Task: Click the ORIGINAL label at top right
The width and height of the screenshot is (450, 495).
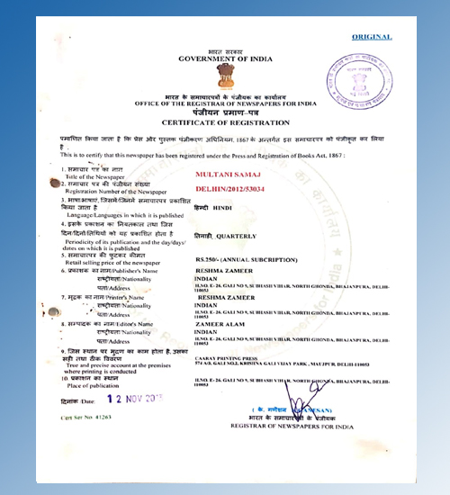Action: click(x=371, y=37)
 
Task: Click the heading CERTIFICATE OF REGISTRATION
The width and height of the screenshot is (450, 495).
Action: click(x=225, y=121)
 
